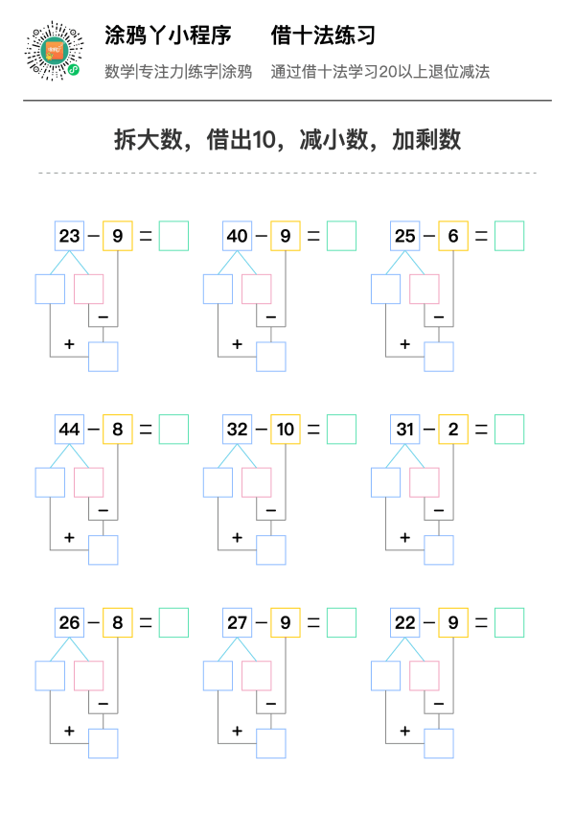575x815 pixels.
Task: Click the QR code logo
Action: click(54, 51)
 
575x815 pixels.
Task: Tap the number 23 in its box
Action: click(69, 236)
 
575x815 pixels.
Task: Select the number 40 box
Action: click(238, 236)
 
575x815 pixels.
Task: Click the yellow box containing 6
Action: click(453, 236)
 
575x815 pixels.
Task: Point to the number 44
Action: click(69, 430)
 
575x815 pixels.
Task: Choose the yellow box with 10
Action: click(286, 430)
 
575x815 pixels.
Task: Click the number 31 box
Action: click(405, 430)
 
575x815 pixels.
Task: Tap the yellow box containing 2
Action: click(453, 430)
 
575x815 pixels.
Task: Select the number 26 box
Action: click(70, 622)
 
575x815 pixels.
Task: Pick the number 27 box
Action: click(238, 622)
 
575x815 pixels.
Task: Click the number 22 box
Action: click(405, 622)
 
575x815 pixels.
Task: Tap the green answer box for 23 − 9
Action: click(174, 236)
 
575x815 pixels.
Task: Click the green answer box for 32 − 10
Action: click(342, 430)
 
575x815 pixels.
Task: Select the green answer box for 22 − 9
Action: click(510, 622)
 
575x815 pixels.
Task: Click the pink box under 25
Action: click(425, 289)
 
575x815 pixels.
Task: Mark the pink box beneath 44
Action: click(89, 482)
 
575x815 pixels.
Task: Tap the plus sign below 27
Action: click(238, 731)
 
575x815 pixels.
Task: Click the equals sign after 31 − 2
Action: click(481, 430)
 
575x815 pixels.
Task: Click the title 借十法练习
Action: click(323, 35)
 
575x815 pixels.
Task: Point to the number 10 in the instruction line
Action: click(263, 140)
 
